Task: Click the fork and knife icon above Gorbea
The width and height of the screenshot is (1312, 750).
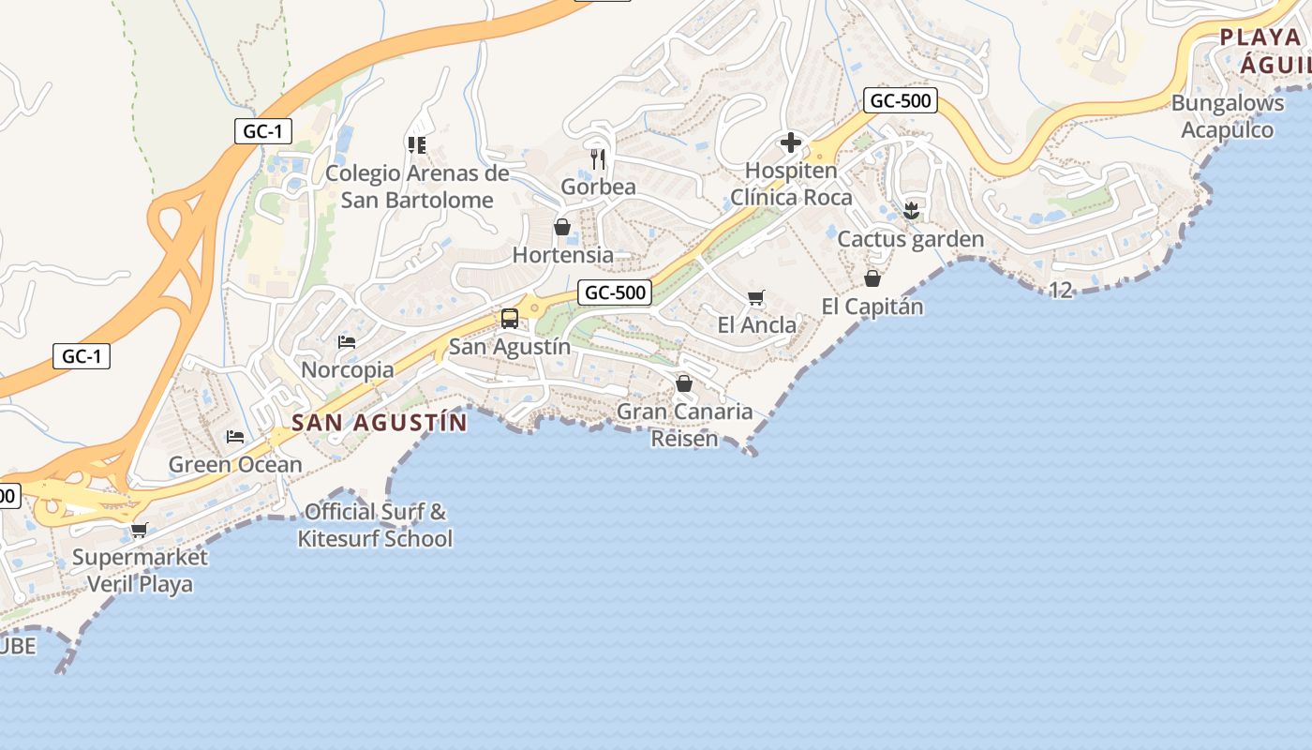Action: click(x=599, y=158)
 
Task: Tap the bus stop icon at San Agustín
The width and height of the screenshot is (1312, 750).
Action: click(x=510, y=319)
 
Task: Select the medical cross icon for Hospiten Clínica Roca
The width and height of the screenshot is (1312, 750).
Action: click(x=791, y=142)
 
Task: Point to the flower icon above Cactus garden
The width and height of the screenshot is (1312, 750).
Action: click(x=911, y=210)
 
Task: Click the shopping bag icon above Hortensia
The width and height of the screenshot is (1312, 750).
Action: click(x=562, y=227)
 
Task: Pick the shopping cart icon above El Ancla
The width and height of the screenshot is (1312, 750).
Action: click(x=756, y=298)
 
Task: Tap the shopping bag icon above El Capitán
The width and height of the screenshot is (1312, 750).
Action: click(x=872, y=278)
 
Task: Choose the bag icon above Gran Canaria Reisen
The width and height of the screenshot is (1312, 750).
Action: click(x=684, y=383)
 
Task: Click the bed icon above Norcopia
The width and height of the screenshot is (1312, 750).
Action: click(x=347, y=342)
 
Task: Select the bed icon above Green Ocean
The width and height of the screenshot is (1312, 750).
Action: click(x=235, y=437)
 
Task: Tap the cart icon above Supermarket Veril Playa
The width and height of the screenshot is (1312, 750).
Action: click(x=140, y=531)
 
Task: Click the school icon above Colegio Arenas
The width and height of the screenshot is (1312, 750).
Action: click(x=417, y=144)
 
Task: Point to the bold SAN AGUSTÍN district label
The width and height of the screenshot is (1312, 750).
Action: click(x=379, y=423)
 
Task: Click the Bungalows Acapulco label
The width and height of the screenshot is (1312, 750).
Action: click(x=1227, y=116)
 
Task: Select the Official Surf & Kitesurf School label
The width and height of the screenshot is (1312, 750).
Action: click(x=375, y=525)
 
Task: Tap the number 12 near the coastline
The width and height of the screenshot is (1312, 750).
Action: click(x=1060, y=291)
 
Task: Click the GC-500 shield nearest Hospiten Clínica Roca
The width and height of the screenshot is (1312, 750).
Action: click(x=901, y=101)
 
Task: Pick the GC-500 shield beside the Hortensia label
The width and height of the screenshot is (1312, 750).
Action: click(x=615, y=292)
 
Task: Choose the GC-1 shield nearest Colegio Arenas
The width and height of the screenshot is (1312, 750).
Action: click(x=262, y=131)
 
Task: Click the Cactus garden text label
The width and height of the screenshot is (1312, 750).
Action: click(x=910, y=239)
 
